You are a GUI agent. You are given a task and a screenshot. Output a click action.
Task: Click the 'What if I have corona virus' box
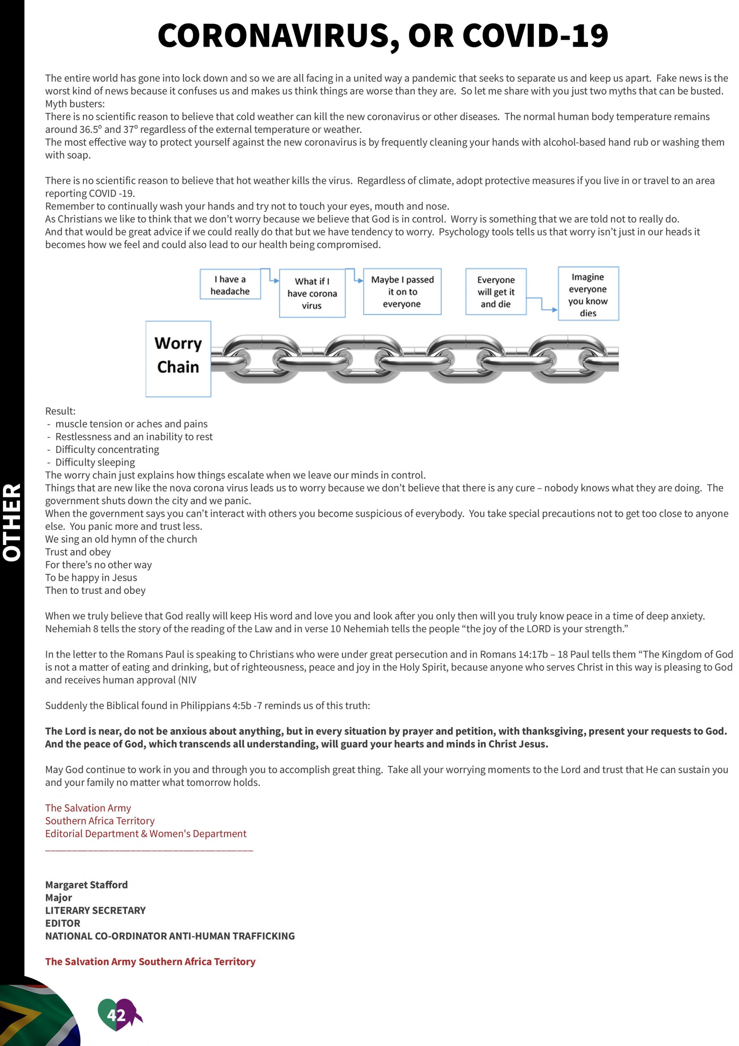coord(312,293)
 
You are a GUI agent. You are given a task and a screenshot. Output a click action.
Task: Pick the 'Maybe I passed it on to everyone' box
coord(402,292)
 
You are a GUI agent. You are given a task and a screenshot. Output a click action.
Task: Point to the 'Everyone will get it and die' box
coord(495,292)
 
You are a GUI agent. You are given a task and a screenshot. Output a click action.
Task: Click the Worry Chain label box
coord(178,358)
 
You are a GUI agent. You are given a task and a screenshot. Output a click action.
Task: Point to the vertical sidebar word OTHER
coord(12,522)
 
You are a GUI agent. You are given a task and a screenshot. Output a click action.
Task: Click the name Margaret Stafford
coord(87,885)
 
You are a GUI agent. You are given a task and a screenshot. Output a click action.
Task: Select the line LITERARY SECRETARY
coord(95,910)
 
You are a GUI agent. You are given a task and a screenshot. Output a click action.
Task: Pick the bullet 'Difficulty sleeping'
coord(95,463)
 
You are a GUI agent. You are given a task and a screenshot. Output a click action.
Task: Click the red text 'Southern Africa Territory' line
coord(100,820)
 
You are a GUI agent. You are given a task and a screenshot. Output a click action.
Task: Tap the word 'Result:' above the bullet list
coord(60,411)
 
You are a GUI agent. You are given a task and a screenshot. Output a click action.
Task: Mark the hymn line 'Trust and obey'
coord(78,552)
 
